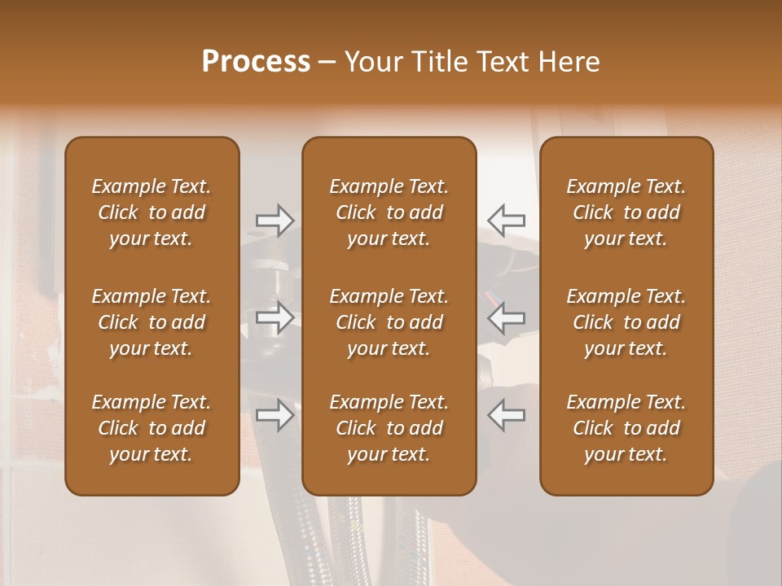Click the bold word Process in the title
coord(256,62)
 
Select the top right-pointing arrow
coord(275,220)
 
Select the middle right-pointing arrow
coord(275,317)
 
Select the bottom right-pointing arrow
coord(275,415)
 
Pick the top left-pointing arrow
coord(507,220)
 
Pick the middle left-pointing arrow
coord(507,317)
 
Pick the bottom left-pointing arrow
coord(507,415)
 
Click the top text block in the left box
coord(152,212)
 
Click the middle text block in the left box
coord(152,322)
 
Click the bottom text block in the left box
coord(152,428)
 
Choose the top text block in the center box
coord(389,212)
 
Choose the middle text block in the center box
coord(389,322)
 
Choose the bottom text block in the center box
coord(389,428)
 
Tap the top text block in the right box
coord(626,212)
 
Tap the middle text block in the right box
coord(626,322)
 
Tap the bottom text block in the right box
coord(626,428)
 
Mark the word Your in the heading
coord(373,62)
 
